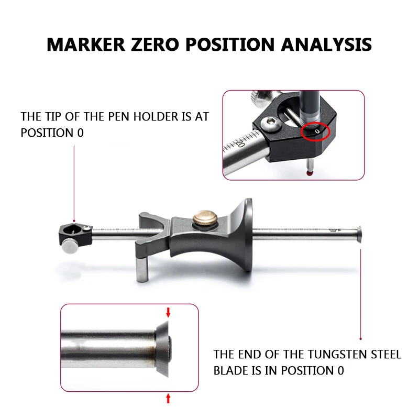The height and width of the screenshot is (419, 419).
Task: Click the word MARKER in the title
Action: pyautogui.click(x=86, y=45)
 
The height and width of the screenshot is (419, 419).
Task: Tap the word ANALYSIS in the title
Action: pyautogui.click(x=326, y=45)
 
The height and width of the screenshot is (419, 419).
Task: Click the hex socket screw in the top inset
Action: pyautogui.click(x=270, y=124)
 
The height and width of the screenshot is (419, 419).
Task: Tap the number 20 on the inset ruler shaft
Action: pyautogui.click(x=240, y=142)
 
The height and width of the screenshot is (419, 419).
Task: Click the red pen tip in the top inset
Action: pyautogui.click(x=310, y=174)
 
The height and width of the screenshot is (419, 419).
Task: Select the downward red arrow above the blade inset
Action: pyautogui.click(x=168, y=312)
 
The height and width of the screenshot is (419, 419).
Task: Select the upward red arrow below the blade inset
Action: pyautogui.click(x=168, y=398)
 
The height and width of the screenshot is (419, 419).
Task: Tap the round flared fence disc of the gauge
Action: pyautogui.click(x=247, y=235)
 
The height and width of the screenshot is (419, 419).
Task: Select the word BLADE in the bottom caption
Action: pyautogui.click(x=231, y=371)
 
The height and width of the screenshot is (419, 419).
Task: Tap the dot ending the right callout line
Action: pyautogui.click(x=361, y=338)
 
